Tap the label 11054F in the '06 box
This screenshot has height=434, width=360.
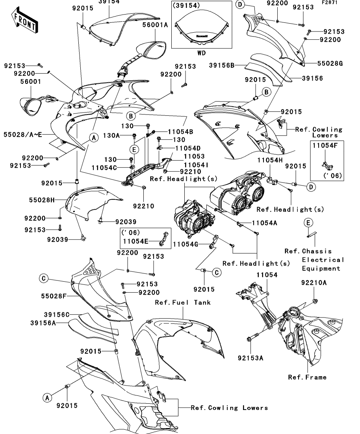coord(327,146)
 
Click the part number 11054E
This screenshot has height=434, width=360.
coord(136,241)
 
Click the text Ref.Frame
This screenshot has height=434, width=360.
coord(307,377)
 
